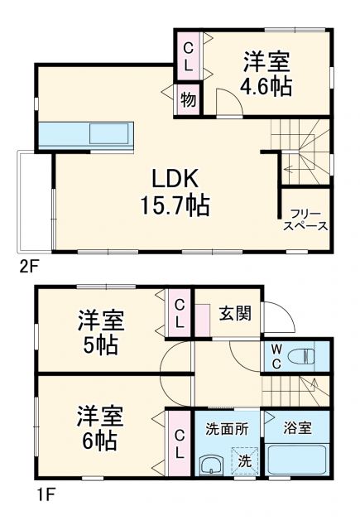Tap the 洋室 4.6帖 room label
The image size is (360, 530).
pos(266,74)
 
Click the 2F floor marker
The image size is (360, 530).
pos(28,268)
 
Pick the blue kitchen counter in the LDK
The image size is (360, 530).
pos(84,134)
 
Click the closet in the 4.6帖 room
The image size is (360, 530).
pos(189,55)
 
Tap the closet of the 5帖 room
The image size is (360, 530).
pos(179,313)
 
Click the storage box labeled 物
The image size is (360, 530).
pos(189,100)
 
